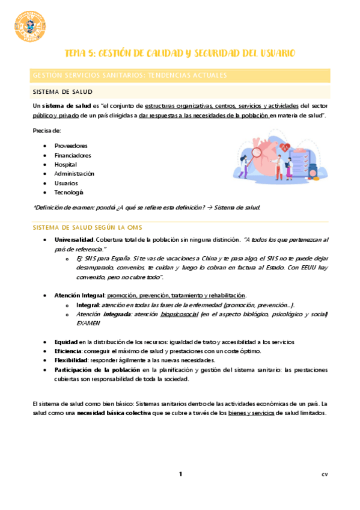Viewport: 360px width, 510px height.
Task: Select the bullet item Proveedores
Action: click(x=71, y=146)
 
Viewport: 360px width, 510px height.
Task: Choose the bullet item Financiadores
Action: click(x=73, y=155)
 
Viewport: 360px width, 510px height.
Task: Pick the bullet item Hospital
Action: click(x=66, y=164)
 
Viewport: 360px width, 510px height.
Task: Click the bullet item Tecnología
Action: click(x=69, y=192)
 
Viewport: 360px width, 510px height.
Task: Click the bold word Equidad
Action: click(x=66, y=342)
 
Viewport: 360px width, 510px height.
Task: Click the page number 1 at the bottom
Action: click(x=180, y=475)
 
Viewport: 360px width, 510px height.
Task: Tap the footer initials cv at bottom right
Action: click(x=324, y=475)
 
